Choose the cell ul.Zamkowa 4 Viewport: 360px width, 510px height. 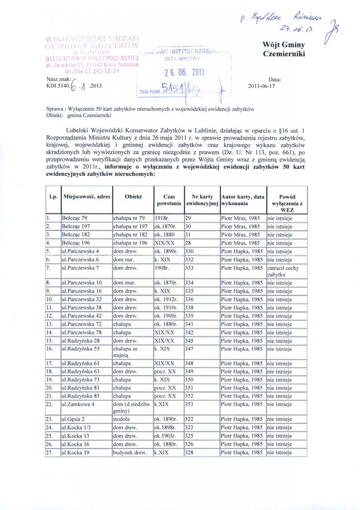pyautogui.click(x=78, y=404)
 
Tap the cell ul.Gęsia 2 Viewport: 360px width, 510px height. pyautogui.click(x=74, y=419)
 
